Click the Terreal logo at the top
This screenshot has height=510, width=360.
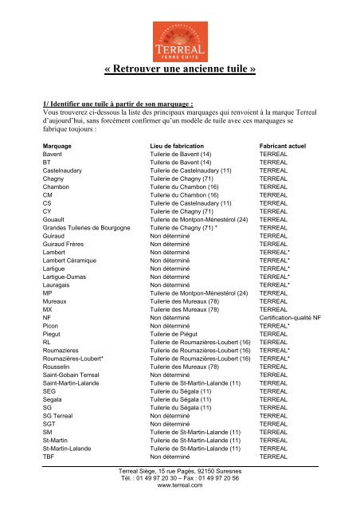point(179,35)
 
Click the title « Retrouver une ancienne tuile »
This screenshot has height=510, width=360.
point(180,69)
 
